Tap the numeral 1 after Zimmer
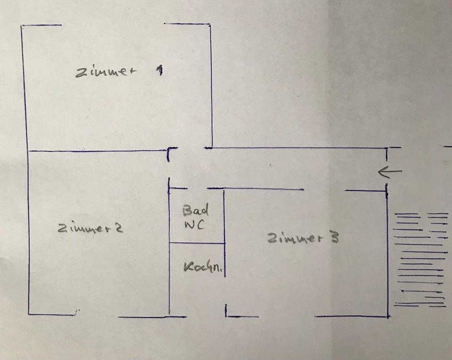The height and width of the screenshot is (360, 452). [x=160, y=71]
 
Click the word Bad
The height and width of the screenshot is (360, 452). [x=195, y=210]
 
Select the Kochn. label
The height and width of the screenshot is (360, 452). [x=203, y=267]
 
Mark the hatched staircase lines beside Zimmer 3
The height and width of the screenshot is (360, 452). [x=420, y=259]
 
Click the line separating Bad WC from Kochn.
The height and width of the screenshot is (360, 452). [x=197, y=243]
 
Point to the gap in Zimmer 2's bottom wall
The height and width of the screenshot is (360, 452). [x=98, y=315]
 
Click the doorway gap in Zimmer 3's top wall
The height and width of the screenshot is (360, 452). [x=324, y=190]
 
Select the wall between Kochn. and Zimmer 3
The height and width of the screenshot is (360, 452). [x=224, y=259]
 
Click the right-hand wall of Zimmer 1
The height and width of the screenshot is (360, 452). [x=210, y=85]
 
